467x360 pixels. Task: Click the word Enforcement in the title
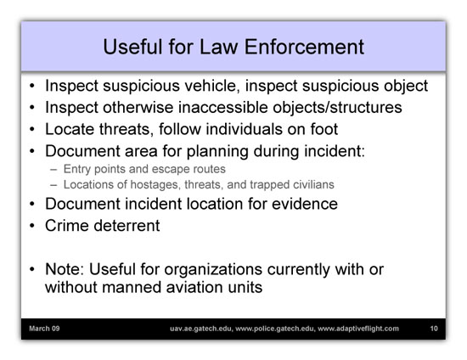[304, 47]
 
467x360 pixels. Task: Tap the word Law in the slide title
[218, 47]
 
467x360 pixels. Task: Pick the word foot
[324, 129]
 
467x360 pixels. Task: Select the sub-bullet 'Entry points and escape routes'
[144, 169]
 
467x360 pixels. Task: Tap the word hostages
[155, 185]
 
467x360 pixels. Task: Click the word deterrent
[127, 226]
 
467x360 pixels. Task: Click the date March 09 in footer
[44, 329]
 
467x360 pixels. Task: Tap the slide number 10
[434, 329]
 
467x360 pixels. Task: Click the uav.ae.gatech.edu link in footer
[202, 329]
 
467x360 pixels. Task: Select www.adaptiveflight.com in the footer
[358, 329]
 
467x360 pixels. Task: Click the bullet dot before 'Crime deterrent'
[32, 226]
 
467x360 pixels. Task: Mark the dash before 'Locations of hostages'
[53, 185]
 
